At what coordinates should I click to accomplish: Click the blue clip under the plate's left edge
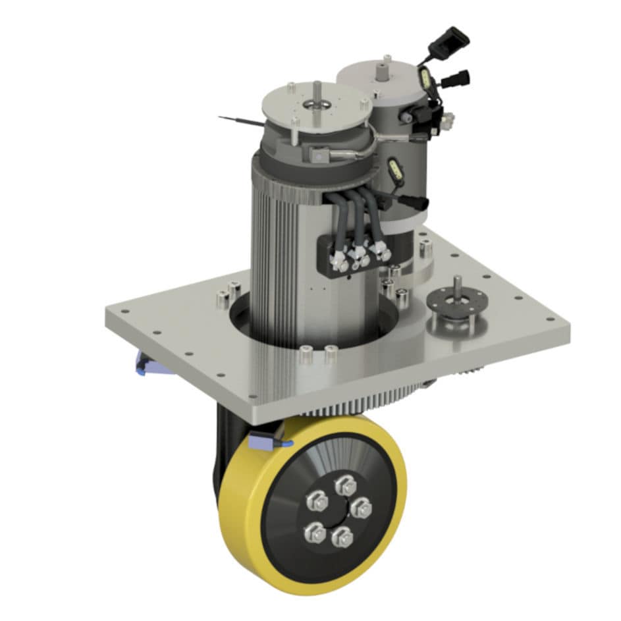click(x=144, y=362)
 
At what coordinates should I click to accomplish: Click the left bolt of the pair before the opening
click(x=304, y=355)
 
